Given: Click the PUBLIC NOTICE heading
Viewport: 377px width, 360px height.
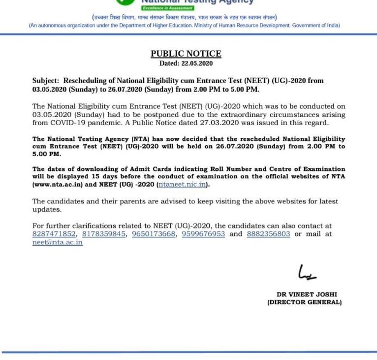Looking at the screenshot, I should (x=186, y=54).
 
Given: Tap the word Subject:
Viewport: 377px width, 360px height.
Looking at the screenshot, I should (x=46, y=81).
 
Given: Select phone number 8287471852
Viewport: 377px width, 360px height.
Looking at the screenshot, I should (x=54, y=234).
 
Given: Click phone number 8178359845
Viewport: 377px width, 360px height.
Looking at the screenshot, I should (x=104, y=234).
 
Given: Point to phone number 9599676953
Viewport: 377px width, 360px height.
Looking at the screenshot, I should (x=203, y=234).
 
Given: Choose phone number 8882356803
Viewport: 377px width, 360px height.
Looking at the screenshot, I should (x=268, y=234).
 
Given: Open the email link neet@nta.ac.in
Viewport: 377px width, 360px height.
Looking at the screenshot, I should (x=57, y=242).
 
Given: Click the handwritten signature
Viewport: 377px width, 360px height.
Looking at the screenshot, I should (x=307, y=272).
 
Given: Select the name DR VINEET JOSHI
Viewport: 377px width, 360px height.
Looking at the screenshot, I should (x=307, y=295).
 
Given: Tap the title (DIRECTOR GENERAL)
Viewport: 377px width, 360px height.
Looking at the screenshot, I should (x=304, y=302).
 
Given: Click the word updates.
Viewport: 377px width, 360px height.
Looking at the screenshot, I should (x=47, y=209).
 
